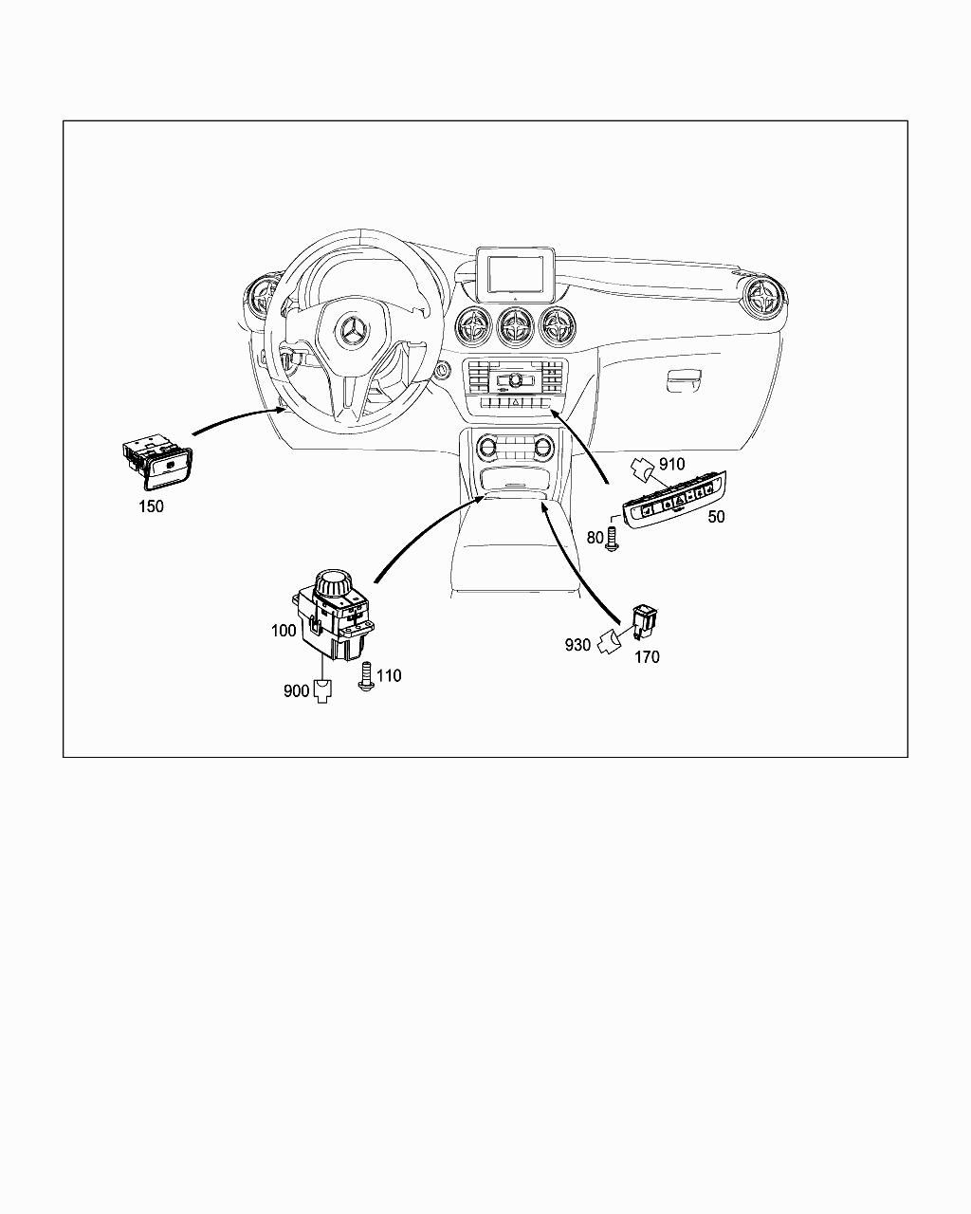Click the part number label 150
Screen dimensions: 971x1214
[x=151, y=506]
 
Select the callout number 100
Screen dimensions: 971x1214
[x=284, y=631]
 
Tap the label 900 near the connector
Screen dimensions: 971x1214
[x=296, y=690]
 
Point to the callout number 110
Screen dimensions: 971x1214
[x=389, y=675]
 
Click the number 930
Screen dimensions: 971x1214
[x=577, y=645]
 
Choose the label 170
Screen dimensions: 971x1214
[x=647, y=656]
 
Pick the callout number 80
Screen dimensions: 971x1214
[x=595, y=538]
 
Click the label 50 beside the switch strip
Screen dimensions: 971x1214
[x=716, y=517]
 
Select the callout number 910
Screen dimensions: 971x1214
[x=672, y=464]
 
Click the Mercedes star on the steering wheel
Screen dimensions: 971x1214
[x=352, y=330]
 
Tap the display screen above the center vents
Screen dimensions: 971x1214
[x=515, y=275]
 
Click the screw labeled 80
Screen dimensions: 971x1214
[x=612, y=539]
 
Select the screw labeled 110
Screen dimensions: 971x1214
[x=366, y=677]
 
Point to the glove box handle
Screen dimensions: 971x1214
[x=684, y=379]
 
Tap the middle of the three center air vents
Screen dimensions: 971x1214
[x=516, y=326]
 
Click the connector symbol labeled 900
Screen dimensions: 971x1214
[x=322, y=691]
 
